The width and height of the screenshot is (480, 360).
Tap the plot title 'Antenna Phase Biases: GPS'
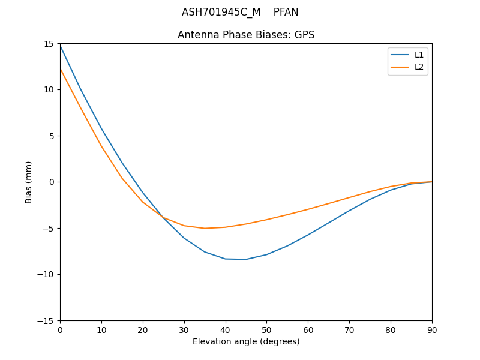(246, 35)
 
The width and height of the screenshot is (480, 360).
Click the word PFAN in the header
(286, 12)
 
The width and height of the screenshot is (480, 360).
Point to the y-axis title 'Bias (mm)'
(29, 182)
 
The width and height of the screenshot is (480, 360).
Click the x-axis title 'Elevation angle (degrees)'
(246, 341)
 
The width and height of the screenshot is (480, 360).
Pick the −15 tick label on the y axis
(47, 320)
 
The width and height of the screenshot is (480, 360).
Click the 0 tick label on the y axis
(52, 182)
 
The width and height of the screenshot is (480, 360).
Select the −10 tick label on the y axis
(47, 274)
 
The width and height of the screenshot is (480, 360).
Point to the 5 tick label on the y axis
(52, 136)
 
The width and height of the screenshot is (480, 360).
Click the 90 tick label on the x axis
(432, 329)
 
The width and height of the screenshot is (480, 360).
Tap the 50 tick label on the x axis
(266, 329)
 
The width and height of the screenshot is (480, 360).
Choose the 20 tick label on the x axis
(143, 329)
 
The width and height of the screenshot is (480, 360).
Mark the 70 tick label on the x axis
(349, 329)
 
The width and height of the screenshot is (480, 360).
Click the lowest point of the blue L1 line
(246, 259)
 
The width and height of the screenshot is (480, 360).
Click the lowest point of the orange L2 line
(205, 228)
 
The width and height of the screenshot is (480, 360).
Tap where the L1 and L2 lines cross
(161, 215)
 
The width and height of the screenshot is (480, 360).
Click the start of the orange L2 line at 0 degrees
(60, 68)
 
